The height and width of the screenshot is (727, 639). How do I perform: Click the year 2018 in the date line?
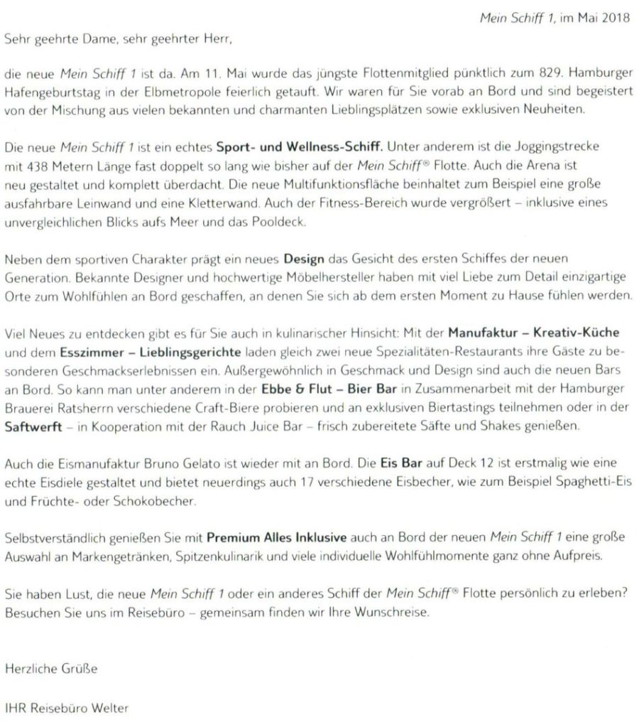[x=617, y=18]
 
